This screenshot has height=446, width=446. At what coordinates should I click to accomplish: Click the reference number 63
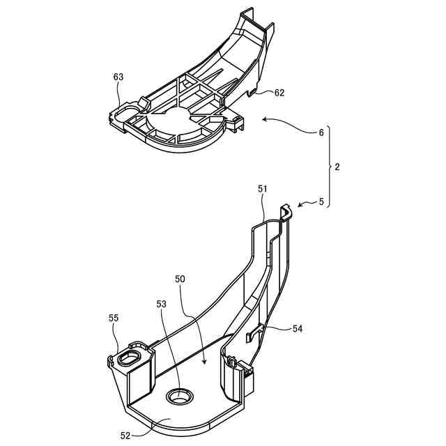[x=118, y=78]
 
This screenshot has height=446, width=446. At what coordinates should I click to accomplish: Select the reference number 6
[x=321, y=133]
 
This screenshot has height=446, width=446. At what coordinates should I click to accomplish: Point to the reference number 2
[x=337, y=167]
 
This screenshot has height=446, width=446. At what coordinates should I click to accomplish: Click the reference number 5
[x=321, y=202]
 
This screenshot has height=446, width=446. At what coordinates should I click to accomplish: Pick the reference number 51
[x=263, y=188]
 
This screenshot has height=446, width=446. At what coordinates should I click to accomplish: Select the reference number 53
[x=162, y=304]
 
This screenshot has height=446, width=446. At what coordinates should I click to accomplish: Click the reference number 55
[x=113, y=318]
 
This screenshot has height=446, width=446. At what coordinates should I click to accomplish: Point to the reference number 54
[x=298, y=328]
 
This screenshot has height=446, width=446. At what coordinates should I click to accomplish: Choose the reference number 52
[x=125, y=436]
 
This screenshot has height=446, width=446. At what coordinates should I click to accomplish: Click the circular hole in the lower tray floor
[x=180, y=397]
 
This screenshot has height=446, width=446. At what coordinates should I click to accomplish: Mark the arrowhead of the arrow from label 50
[x=203, y=362]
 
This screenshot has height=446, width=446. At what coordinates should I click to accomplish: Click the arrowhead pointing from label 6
[x=264, y=120]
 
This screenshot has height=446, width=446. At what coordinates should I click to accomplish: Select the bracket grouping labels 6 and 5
[x=329, y=167]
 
